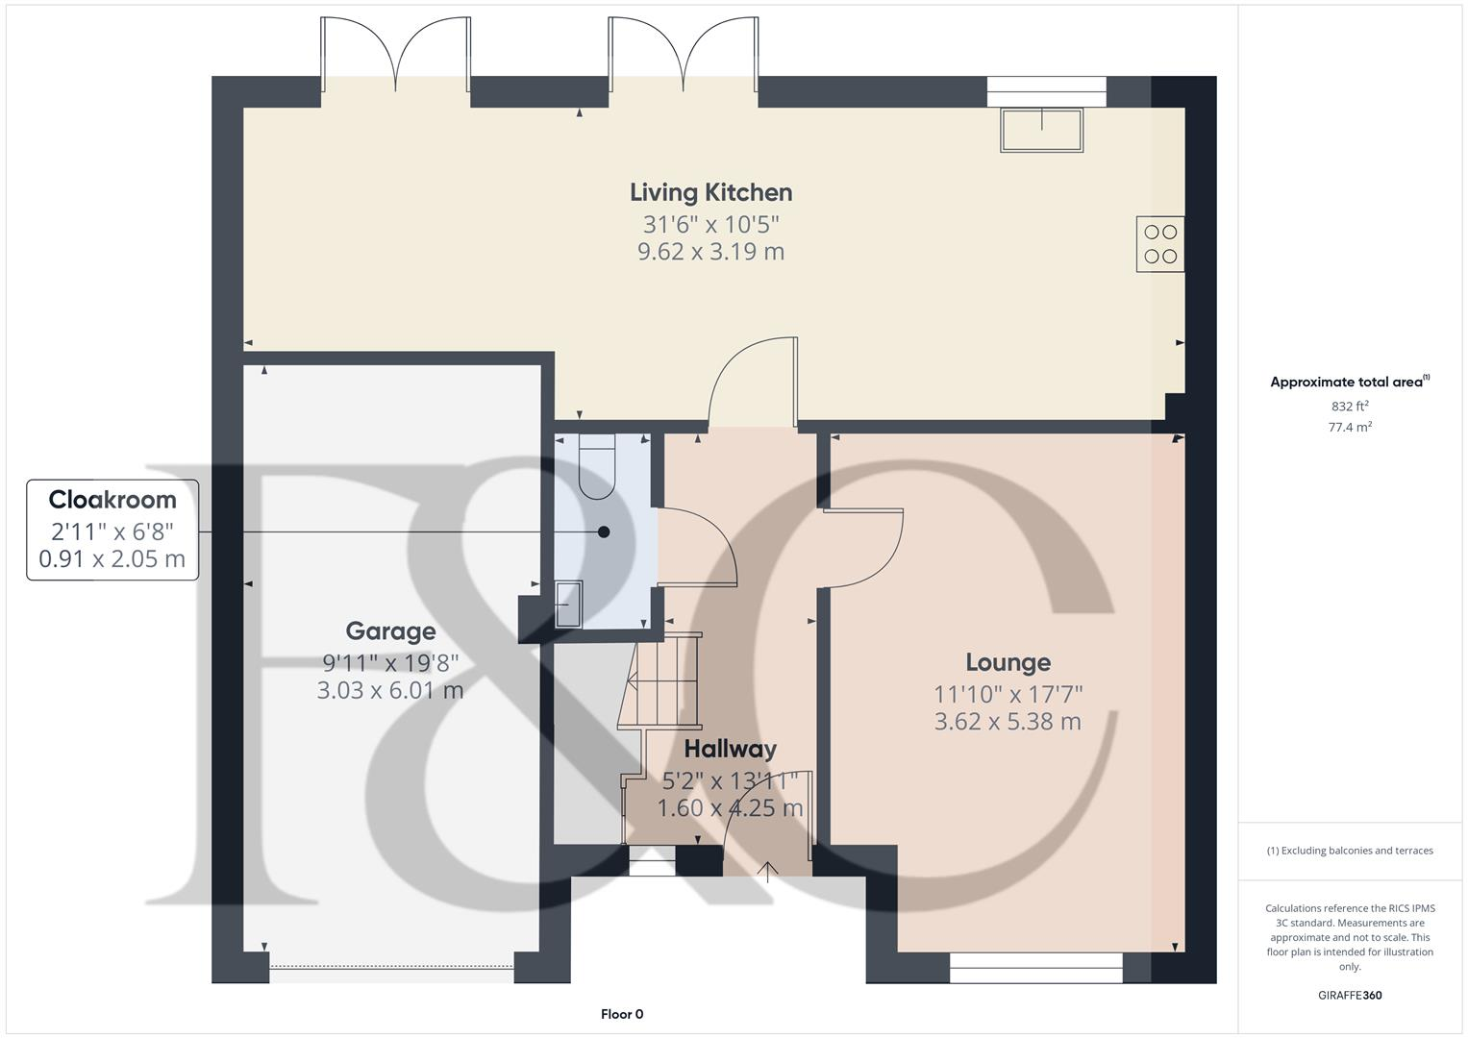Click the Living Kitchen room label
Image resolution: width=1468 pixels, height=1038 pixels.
point(710,192)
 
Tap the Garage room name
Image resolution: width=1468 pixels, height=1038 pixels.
point(390,631)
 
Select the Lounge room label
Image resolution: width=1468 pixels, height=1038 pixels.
point(1008,662)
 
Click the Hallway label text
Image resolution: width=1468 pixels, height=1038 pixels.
point(730,749)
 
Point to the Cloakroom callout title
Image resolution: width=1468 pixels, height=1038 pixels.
point(112,500)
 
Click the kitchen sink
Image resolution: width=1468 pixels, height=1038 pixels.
point(1041,130)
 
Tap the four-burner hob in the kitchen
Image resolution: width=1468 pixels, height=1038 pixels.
point(1160,244)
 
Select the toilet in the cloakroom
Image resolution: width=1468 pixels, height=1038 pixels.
point(596,465)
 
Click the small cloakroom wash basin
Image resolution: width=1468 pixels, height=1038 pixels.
point(569,605)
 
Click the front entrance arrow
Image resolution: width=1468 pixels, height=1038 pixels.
point(767,871)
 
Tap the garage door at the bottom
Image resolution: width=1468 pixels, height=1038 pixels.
point(391,968)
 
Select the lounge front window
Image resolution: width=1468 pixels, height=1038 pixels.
point(1035,968)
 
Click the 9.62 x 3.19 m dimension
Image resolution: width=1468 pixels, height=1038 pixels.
point(710,252)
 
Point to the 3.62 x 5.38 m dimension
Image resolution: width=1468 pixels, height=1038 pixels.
point(1008,721)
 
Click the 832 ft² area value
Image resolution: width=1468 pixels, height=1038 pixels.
point(1350,407)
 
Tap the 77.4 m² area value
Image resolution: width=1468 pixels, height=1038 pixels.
point(1350,428)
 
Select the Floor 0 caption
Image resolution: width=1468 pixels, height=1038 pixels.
point(621,1014)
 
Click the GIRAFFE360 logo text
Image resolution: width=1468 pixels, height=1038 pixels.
point(1350,996)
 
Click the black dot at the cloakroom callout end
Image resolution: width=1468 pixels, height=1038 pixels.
point(604,531)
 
